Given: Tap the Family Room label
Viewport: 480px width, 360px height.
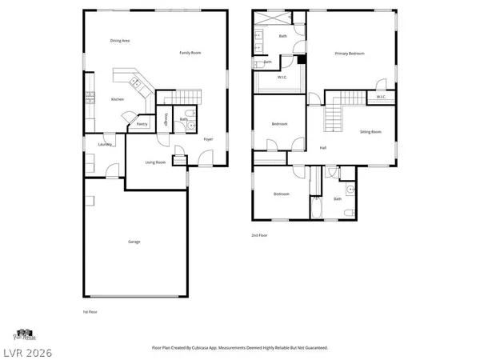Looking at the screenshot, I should (x=190, y=53).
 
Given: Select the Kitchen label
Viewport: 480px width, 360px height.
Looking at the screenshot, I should (x=117, y=99).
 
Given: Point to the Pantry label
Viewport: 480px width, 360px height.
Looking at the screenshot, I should (x=142, y=124).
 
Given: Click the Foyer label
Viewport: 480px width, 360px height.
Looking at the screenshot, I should (x=208, y=139).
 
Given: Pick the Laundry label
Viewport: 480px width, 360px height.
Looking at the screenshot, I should (x=104, y=145).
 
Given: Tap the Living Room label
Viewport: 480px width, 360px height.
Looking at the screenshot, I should (x=155, y=162).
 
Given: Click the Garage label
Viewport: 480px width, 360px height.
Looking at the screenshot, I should (x=134, y=241).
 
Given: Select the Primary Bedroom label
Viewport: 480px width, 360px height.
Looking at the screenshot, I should (x=350, y=54).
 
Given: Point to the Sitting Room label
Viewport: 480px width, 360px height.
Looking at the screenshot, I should (x=370, y=130).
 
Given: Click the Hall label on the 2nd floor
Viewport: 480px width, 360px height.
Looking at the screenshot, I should (x=322, y=148).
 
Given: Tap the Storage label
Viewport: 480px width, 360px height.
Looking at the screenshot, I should (x=165, y=120).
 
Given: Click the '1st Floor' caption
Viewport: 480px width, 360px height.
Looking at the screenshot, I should (x=90, y=311).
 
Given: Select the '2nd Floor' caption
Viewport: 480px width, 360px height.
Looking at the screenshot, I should (x=259, y=234).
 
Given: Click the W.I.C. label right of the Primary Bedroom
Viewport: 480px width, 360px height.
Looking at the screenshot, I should (x=381, y=98).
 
